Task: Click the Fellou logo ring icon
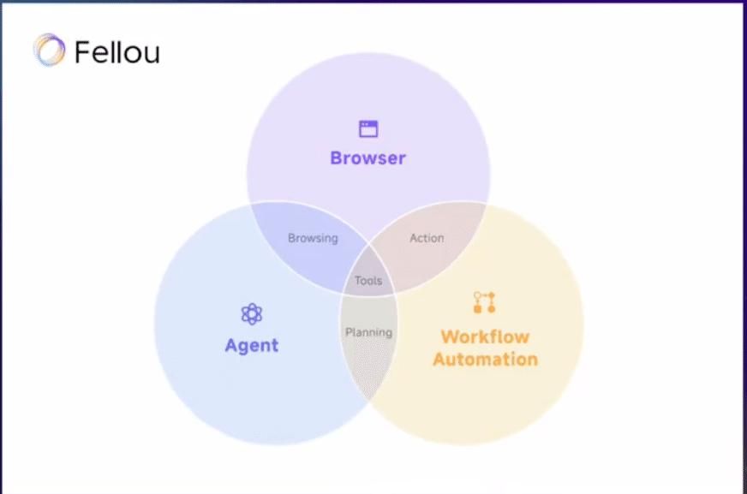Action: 50,51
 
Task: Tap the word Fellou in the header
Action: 117,52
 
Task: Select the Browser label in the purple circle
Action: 368,158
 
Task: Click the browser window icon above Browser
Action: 368,129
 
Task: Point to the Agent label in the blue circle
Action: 251,346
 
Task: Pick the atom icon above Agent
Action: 251,314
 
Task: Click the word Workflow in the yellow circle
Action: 485,336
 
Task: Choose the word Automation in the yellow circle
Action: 485,359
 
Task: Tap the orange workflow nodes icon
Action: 485,302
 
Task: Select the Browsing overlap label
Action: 313,238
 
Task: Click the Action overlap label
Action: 427,238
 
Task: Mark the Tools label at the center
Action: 368,281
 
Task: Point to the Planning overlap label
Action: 368,332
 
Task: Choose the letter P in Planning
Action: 349,332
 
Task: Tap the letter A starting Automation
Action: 439,359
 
